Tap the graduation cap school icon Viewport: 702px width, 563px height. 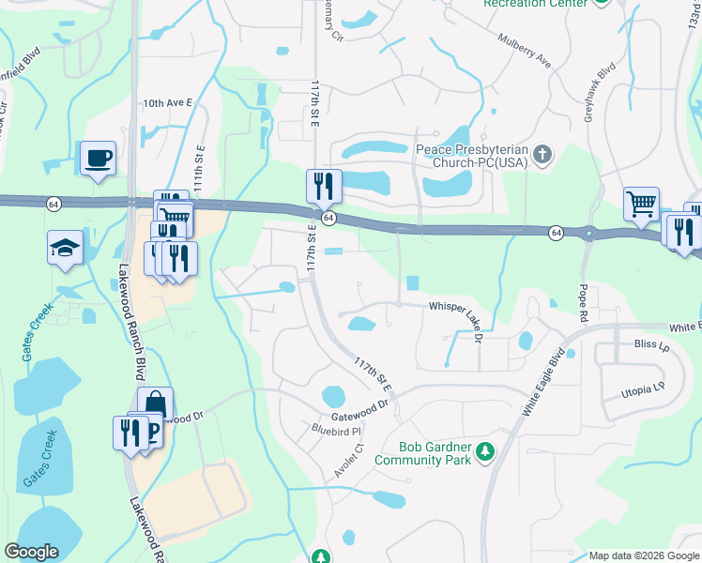[x=66, y=248]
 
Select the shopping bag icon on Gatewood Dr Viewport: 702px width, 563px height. [x=156, y=404]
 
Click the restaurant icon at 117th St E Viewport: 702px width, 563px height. [x=324, y=186]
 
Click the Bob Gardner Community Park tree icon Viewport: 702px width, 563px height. [x=485, y=453]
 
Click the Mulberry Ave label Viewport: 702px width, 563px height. [x=524, y=54]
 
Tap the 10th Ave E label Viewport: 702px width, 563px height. [x=166, y=104]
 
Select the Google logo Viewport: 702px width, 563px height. [x=31, y=552]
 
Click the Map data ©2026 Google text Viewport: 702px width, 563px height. [x=643, y=555]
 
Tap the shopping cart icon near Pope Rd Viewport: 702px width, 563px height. [x=641, y=204]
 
